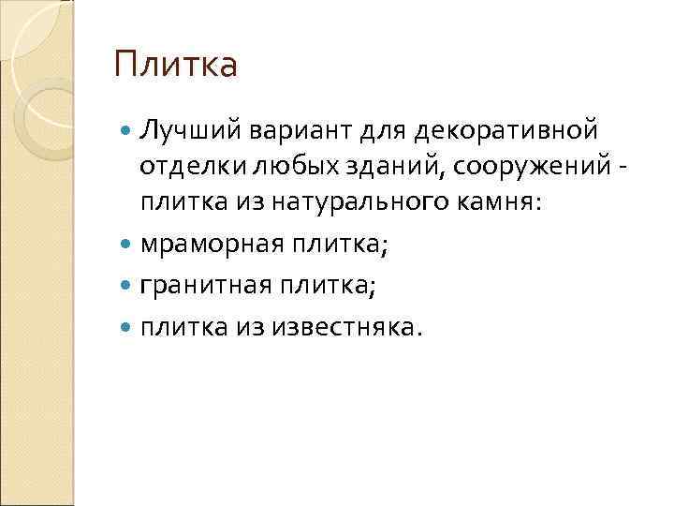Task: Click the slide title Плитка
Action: [x=176, y=66]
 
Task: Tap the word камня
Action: [x=491, y=201]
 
